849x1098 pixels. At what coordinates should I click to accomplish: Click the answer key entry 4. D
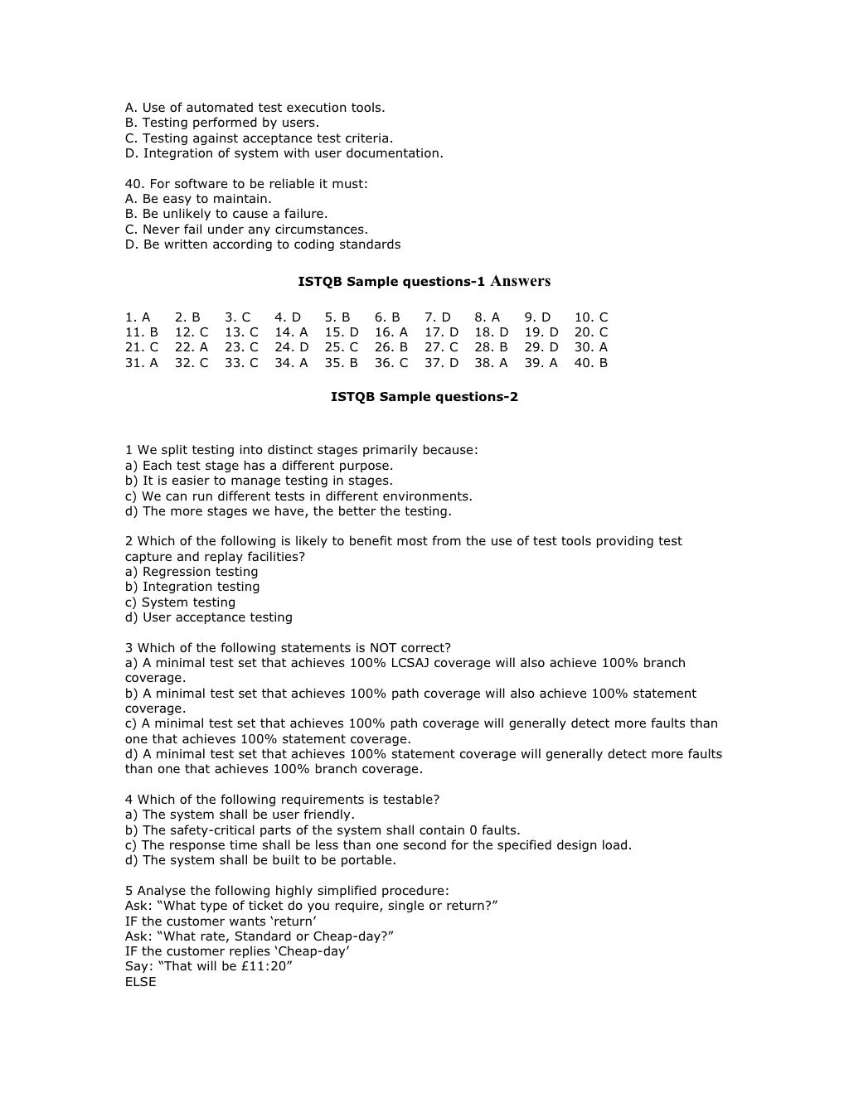288,317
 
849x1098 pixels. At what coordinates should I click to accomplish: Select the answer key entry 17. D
441,332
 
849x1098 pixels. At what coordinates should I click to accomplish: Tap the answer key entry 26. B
391,347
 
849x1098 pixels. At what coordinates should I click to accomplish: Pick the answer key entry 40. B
591,363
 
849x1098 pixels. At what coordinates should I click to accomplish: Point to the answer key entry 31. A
142,363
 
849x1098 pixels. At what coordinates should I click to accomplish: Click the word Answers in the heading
521,281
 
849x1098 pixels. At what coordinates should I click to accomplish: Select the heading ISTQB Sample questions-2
424,397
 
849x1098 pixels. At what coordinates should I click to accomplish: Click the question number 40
134,184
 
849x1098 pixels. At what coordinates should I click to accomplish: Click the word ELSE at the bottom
141,982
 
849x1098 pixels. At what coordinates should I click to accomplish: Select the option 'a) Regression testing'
192,572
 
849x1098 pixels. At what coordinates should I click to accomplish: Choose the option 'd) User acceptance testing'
209,617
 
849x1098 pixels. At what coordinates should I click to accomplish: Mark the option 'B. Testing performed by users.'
222,123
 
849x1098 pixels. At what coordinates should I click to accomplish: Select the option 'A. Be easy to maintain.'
198,199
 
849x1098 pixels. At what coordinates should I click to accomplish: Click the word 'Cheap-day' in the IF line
313,951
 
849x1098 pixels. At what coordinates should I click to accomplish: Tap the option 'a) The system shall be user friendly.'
240,815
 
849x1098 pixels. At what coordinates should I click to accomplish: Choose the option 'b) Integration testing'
192,587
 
